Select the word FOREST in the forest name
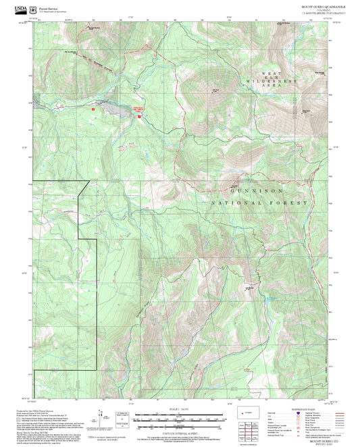292,203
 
